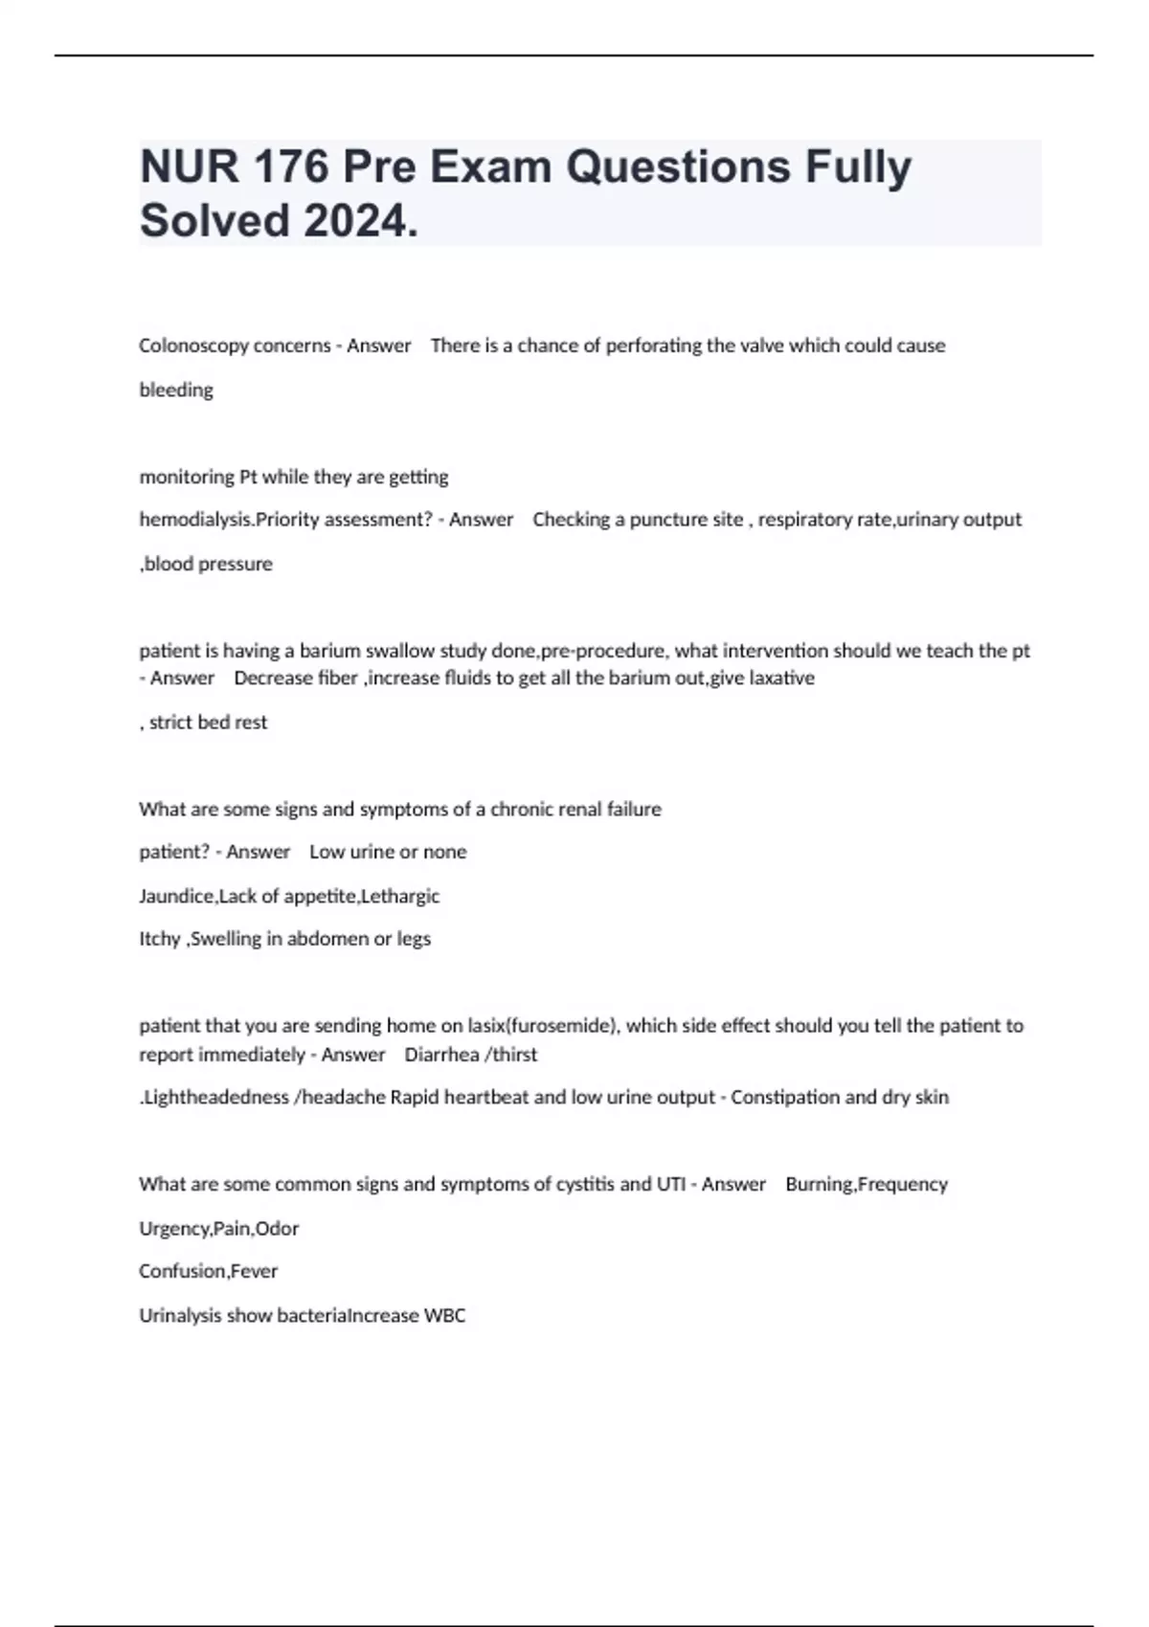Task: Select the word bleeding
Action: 176,390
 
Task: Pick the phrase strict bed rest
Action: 208,723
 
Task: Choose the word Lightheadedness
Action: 215,1098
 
